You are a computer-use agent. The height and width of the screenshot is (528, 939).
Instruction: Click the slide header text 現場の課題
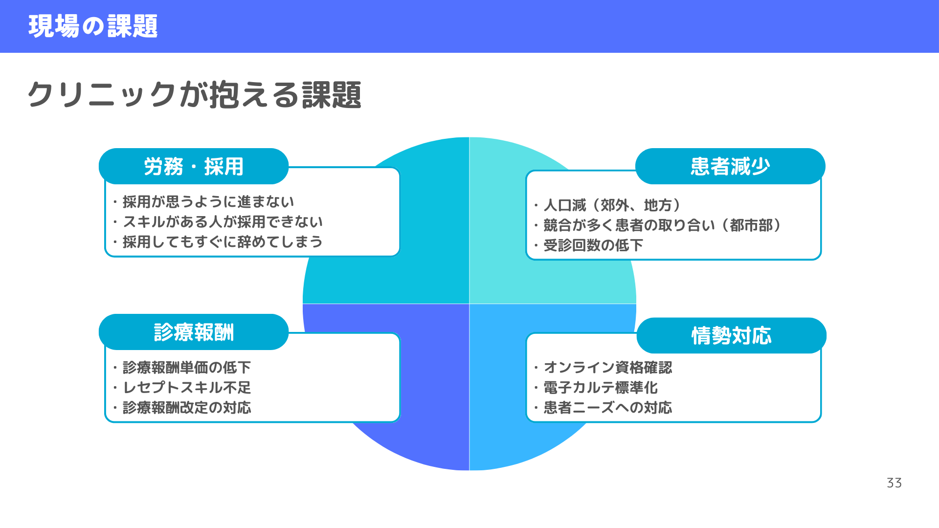click(x=93, y=26)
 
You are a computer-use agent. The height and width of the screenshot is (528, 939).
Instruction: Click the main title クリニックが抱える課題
click(x=194, y=94)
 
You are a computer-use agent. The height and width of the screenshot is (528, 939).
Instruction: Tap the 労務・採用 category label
click(x=194, y=166)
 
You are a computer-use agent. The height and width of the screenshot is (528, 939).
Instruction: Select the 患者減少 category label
click(x=730, y=166)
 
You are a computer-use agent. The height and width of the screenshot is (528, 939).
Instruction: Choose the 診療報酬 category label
click(x=194, y=332)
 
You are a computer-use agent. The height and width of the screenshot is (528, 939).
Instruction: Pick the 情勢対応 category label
click(x=732, y=335)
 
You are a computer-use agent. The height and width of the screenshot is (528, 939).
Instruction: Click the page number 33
click(x=894, y=483)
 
